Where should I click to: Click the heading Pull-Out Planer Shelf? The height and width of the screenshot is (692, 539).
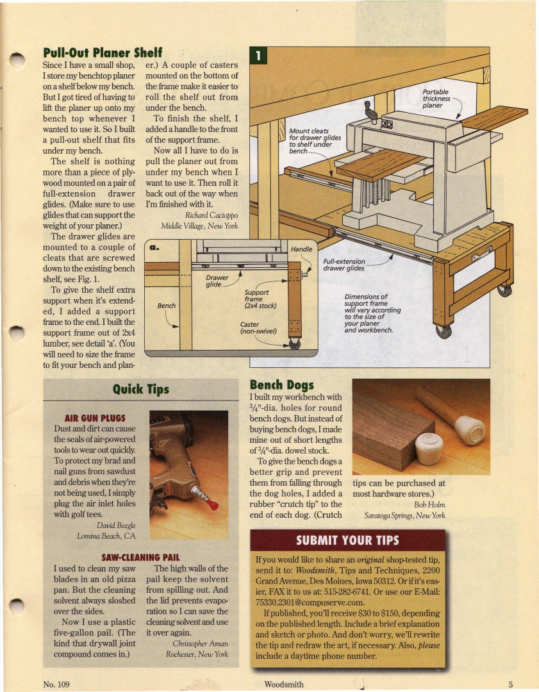click(x=102, y=52)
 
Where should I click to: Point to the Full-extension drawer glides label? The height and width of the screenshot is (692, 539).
click(x=344, y=265)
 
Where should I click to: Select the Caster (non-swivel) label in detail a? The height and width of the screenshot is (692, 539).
click(x=258, y=328)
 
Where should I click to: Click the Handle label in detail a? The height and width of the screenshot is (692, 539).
click(x=301, y=249)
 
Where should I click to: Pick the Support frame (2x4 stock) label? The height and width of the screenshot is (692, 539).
click(x=260, y=299)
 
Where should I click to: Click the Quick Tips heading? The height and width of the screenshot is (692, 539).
click(x=141, y=389)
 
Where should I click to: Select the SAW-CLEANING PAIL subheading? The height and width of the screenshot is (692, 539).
click(x=140, y=557)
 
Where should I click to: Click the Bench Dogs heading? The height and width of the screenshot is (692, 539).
click(x=281, y=385)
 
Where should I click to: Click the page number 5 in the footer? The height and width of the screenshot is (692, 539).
click(x=511, y=684)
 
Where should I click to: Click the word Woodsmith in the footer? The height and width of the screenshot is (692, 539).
click(x=284, y=684)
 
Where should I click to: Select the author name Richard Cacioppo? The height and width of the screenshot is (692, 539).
click(x=211, y=215)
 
